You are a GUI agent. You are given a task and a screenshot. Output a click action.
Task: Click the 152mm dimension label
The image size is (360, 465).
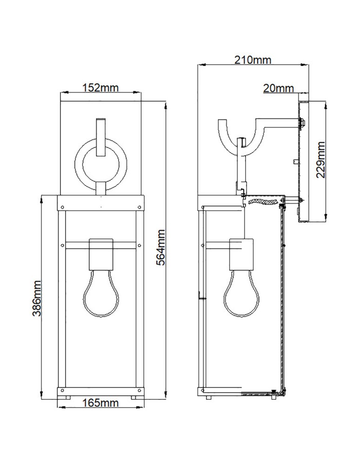pyautogui.click(x=100, y=87)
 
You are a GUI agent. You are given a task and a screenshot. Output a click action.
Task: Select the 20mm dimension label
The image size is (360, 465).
pyautogui.click(x=278, y=87)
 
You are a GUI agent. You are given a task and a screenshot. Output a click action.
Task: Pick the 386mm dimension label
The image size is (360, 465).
pyautogui.click(x=37, y=298)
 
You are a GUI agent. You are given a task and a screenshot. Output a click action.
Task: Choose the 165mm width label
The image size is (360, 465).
pyautogui.click(x=100, y=403)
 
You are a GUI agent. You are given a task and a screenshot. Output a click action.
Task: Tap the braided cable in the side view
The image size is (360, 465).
pyautogui.click(x=265, y=201)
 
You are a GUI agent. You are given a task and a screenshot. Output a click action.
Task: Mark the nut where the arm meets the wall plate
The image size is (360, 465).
pyautogui.click(x=301, y=123)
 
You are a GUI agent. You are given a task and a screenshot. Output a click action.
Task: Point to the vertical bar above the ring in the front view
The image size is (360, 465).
pyautogui.click(x=100, y=137)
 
